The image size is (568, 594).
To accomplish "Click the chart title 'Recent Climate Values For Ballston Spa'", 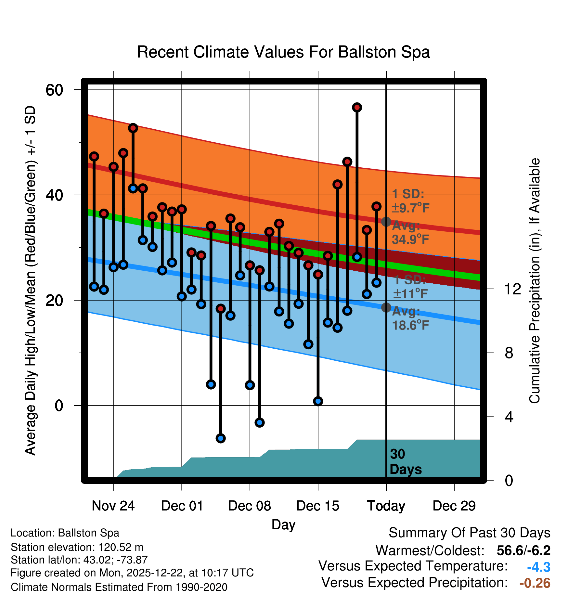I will [283, 52].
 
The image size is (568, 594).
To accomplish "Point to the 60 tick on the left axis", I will [54, 90].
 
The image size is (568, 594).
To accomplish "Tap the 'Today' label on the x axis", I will [386, 506].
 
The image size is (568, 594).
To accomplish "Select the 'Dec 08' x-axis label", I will [250, 506].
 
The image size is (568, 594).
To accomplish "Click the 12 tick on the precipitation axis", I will [513, 289].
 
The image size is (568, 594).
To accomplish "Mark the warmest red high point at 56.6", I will [357, 108].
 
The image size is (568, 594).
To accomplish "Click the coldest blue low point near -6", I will [221, 438].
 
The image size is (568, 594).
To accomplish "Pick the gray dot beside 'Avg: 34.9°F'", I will [386, 222].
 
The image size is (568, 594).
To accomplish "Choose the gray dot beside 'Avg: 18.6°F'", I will [386, 307].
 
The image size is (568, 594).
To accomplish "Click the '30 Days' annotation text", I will [406, 462].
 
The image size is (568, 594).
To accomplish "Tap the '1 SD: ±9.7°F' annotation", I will [410, 201].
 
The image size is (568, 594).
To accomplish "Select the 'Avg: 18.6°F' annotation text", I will [410, 318].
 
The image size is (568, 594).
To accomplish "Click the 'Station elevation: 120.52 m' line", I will [77, 547].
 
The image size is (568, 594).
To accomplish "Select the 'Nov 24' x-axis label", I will [113, 506].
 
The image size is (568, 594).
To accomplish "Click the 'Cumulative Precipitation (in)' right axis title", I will [535, 281].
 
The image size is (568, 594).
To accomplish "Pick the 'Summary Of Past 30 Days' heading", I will [469, 533].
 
